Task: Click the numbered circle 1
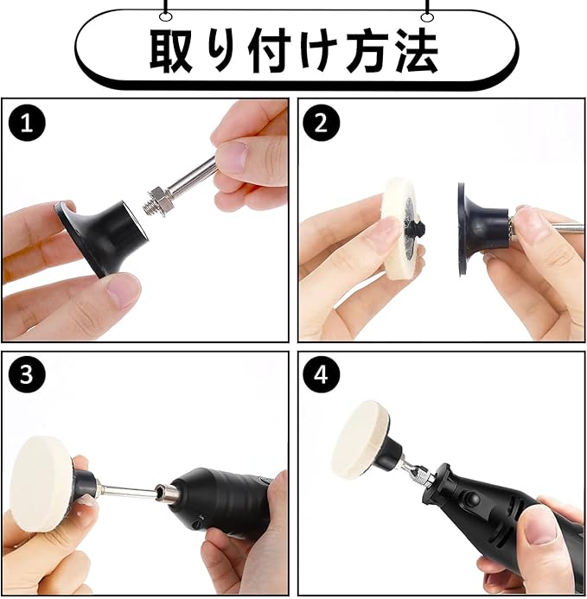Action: (x=27, y=124)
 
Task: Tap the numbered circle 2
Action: (x=322, y=124)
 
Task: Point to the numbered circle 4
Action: (x=322, y=375)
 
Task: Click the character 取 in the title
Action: (x=171, y=49)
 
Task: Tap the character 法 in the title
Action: (x=416, y=49)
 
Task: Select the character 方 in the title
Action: (x=366, y=49)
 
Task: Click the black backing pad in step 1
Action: (x=102, y=237)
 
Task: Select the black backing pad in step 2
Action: (x=482, y=230)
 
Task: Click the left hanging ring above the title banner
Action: (x=166, y=16)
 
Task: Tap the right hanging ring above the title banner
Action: (x=426, y=16)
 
